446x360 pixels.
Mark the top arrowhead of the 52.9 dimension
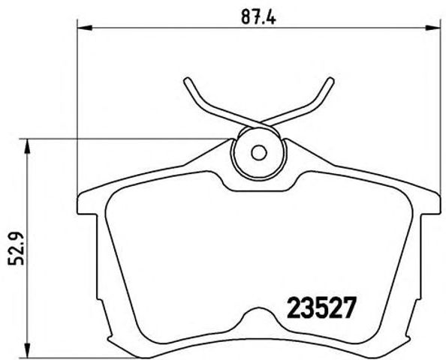[29, 142]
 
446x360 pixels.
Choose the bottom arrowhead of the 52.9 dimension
[29, 350]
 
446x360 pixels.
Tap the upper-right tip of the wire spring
[331, 79]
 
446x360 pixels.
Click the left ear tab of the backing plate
[85, 207]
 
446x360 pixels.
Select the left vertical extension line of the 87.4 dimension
[79, 112]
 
